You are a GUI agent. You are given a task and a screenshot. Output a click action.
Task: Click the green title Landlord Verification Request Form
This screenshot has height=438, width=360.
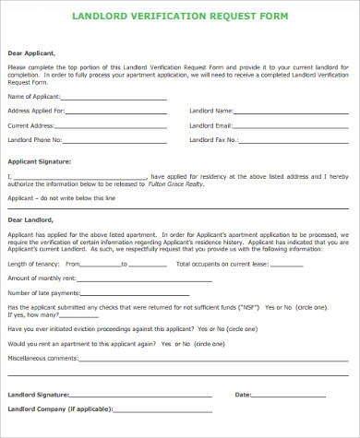[179, 17]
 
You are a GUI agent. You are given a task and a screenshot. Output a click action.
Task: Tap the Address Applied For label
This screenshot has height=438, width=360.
[35, 110]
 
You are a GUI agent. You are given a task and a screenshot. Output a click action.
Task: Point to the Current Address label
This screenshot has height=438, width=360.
[31, 124]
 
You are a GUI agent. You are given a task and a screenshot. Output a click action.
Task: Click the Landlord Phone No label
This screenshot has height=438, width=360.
[35, 139]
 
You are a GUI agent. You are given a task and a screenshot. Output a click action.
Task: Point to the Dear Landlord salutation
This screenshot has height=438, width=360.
[30, 220]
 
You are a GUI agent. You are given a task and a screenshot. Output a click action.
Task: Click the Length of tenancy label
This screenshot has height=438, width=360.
[31, 265]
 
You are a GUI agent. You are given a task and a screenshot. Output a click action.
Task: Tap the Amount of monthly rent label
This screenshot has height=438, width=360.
[41, 278]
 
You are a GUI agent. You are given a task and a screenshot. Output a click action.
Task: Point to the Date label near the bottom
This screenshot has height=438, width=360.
[244, 394]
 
